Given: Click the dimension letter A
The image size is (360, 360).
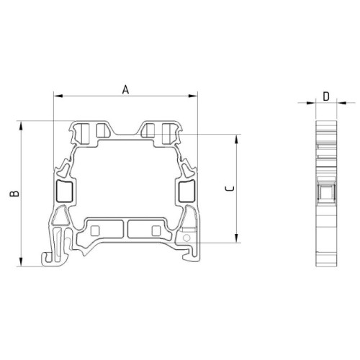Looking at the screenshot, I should pos(125,89).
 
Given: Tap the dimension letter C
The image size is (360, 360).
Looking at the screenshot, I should pos(229,189).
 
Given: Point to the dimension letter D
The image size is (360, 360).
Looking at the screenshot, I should pos(326,96).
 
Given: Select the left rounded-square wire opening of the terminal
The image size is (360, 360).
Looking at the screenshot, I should pos(63,191).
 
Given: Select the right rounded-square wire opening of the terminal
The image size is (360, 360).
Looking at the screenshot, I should pos(186,191).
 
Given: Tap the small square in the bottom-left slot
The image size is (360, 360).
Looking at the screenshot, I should pos(96,230).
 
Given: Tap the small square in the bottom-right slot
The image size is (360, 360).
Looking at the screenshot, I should pos(156,230).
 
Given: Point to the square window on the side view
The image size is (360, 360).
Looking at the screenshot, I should pos(326,192).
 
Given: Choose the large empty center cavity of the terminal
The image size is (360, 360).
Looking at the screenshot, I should pos(125,180).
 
